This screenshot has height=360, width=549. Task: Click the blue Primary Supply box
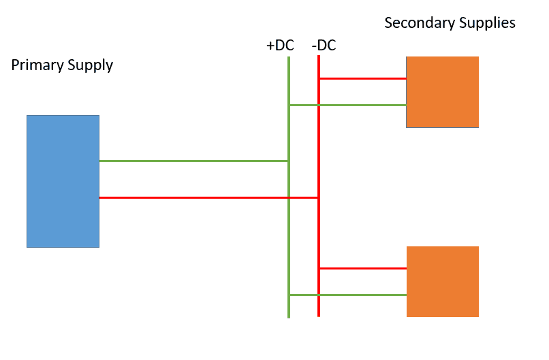63,181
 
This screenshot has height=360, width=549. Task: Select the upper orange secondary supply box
443,92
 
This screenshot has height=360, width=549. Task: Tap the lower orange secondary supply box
443,282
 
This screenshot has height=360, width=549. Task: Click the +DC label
280,46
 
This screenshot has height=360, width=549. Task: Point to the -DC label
324,46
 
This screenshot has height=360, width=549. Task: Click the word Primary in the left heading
37,66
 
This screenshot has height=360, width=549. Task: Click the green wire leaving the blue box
193,161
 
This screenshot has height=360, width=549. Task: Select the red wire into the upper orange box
362,78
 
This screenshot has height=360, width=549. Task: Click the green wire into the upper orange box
347,105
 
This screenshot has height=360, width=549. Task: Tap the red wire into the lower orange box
362,268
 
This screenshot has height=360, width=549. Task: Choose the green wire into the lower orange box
347,295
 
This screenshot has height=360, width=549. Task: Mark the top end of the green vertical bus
289,58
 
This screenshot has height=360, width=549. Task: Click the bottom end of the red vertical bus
319,316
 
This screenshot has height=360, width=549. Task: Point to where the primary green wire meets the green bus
289,161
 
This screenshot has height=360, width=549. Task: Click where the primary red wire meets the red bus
319,197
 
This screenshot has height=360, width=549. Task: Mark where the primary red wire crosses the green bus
289,197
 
